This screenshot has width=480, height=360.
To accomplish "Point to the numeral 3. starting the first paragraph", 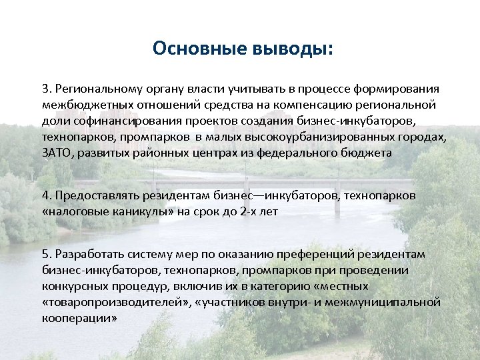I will click(47, 89).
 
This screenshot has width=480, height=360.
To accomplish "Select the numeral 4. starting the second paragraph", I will click(47, 196).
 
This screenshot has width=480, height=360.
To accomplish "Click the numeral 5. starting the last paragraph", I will click(47, 254).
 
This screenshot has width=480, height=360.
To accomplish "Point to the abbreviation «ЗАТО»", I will click(55, 153).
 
